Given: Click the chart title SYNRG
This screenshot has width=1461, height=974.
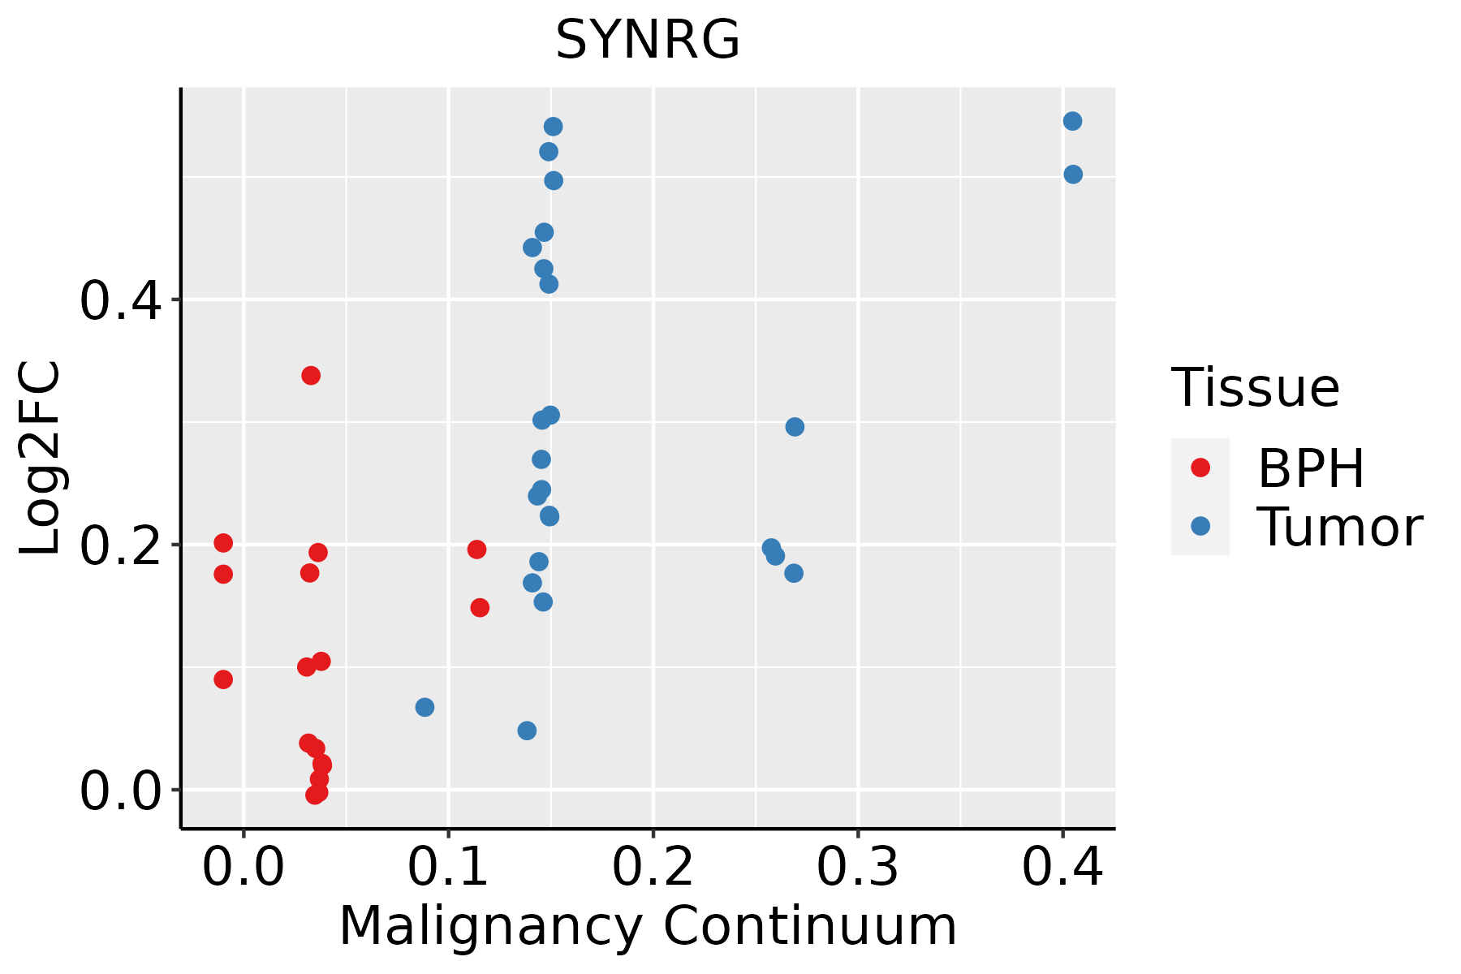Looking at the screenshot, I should pyautogui.click(x=648, y=40).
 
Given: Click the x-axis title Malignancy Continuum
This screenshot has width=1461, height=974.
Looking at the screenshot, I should pyautogui.click(x=648, y=926).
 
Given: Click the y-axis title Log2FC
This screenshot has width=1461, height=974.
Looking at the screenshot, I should pyautogui.click(x=41, y=459).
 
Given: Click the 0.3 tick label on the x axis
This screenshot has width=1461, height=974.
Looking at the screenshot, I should pyautogui.click(x=857, y=868).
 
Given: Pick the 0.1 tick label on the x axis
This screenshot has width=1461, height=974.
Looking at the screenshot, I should pyautogui.click(x=448, y=868).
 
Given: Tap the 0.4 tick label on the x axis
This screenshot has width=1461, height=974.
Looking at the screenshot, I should pyautogui.click(x=1062, y=868).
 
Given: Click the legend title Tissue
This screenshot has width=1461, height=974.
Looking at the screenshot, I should pyautogui.click(x=1255, y=388).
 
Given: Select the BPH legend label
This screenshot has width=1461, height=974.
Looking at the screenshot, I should pyautogui.click(x=1311, y=468).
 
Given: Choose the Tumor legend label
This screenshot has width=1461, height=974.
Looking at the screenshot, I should pyautogui.click(x=1339, y=528).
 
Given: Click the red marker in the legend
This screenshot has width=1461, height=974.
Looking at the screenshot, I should pyautogui.click(x=1200, y=468).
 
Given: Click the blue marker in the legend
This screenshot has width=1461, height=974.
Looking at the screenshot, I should pyautogui.click(x=1200, y=526).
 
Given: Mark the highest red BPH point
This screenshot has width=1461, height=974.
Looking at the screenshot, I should pyautogui.click(x=311, y=375).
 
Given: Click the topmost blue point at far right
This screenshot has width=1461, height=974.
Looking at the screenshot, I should pyautogui.click(x=1072, y=121).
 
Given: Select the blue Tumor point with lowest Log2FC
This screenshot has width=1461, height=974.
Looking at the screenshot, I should pyautogui.click(x=527, y=730).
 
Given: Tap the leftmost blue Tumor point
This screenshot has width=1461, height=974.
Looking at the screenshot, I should pyautogui.click(x=425, y=707).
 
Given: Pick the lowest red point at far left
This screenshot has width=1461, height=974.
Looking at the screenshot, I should pyautogui.click(x=223, y=679).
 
